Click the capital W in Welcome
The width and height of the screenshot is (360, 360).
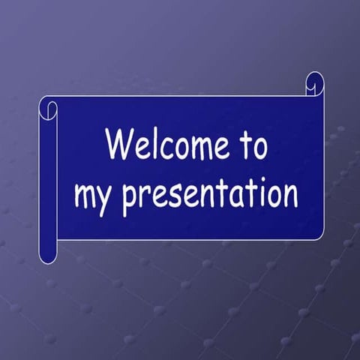pyautogui.click(x=118, y=144)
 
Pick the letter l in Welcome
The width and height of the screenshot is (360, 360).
pyautogui.click(x=152, y=143)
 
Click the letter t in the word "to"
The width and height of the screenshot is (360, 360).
pyautogui.click(x=244, y=144)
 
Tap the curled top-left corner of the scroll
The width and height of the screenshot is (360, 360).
pyautogui.click(x=48, y=108)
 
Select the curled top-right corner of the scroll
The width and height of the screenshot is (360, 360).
pyautogui.click(x=314, y=83)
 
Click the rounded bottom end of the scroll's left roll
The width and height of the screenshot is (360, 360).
pyautogui.click(x=48, y=256)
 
